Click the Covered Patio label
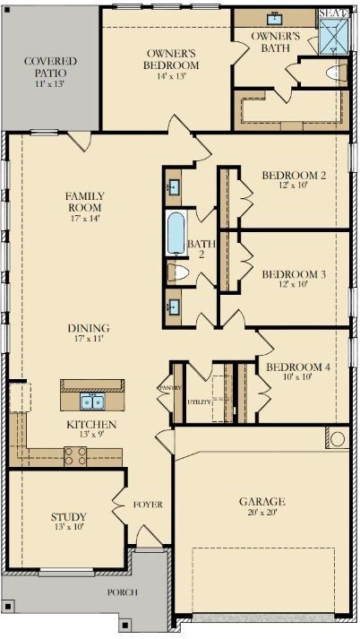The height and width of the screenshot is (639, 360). coord(50,66)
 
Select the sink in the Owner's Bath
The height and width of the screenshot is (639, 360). coord(274,19)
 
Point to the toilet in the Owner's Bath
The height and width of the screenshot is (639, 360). coord(336,73)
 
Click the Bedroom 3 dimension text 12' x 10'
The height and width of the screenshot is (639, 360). coord(293,284)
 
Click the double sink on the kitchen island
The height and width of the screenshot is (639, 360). coord(92,400)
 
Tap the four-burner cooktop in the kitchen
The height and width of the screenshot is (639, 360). coord(74,454)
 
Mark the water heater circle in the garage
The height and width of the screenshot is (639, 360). coord(337,438)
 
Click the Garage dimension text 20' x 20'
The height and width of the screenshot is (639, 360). coord(261,513)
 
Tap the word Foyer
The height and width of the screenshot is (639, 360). coord(149,505)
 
